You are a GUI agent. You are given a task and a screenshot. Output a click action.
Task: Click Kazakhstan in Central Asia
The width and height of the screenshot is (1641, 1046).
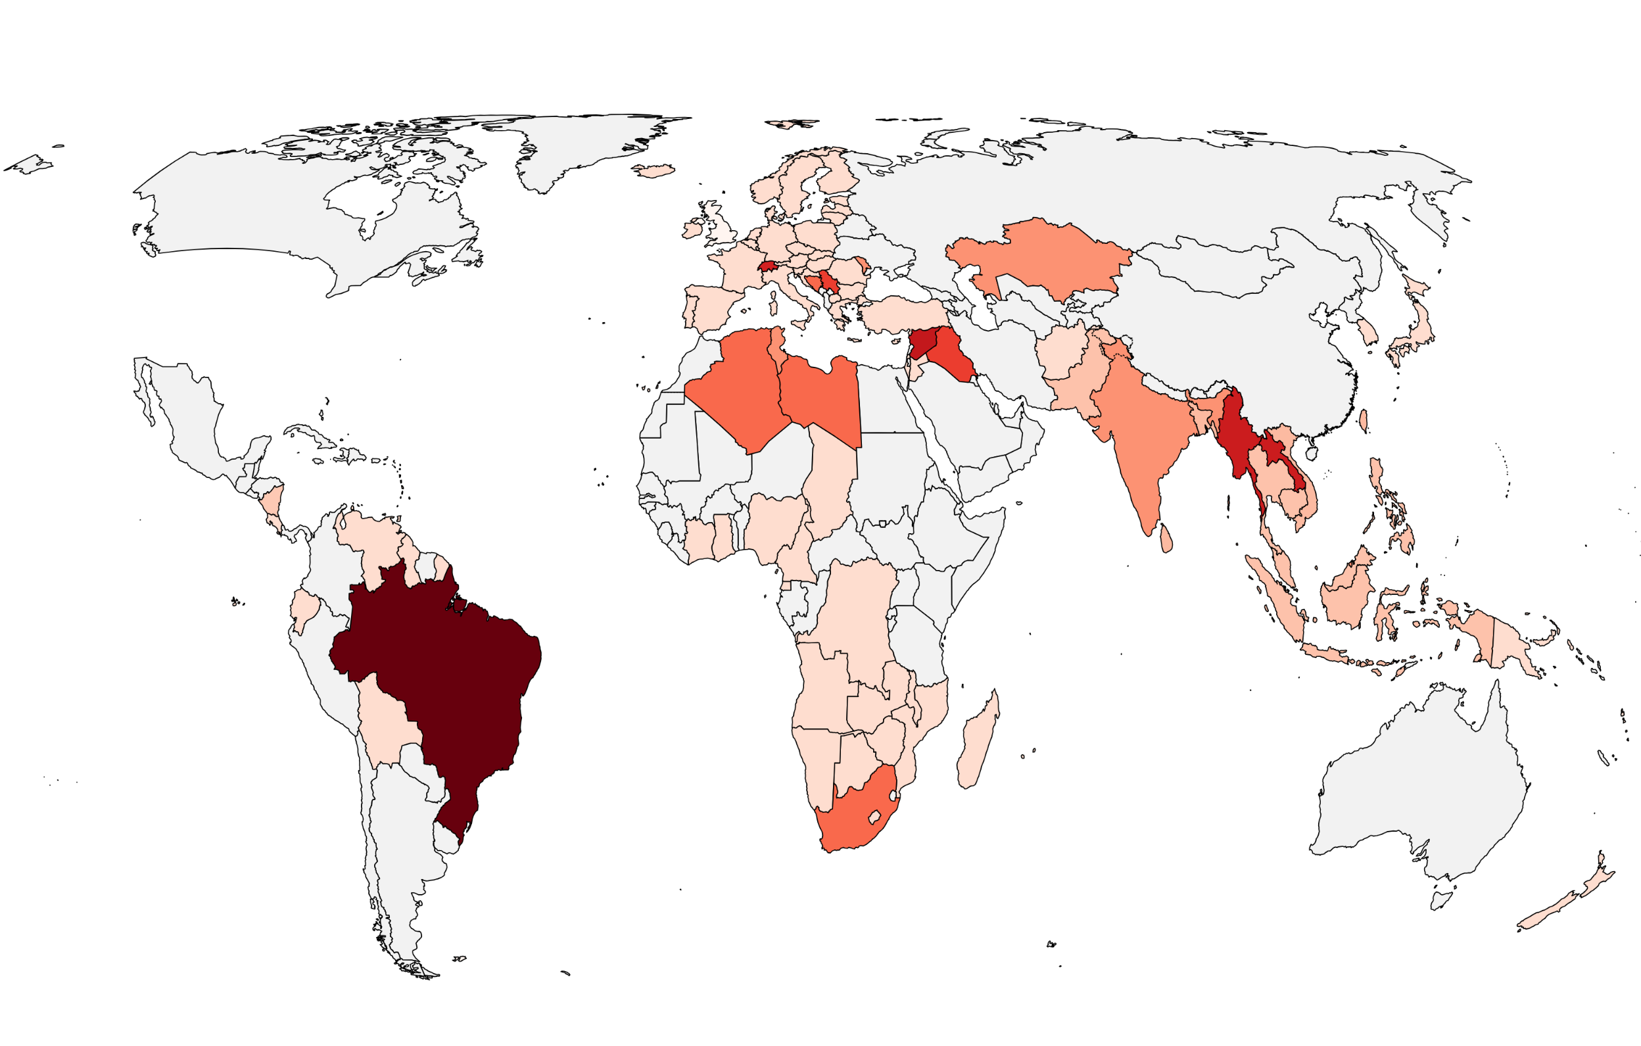click(x=1043, y=259)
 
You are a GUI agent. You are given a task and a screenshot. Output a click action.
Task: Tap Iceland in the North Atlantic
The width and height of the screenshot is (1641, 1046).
click(x=653, y=170)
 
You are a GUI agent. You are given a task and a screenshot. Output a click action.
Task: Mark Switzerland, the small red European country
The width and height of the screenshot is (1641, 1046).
click(x=768, y=267)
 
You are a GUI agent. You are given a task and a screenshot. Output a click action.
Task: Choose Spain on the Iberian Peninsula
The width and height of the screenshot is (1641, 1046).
click(x=709, y=306)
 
